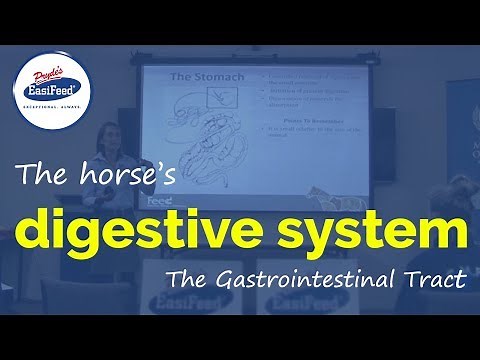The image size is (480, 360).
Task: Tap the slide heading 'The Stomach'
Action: pyautogui.click(x=191, y=77)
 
